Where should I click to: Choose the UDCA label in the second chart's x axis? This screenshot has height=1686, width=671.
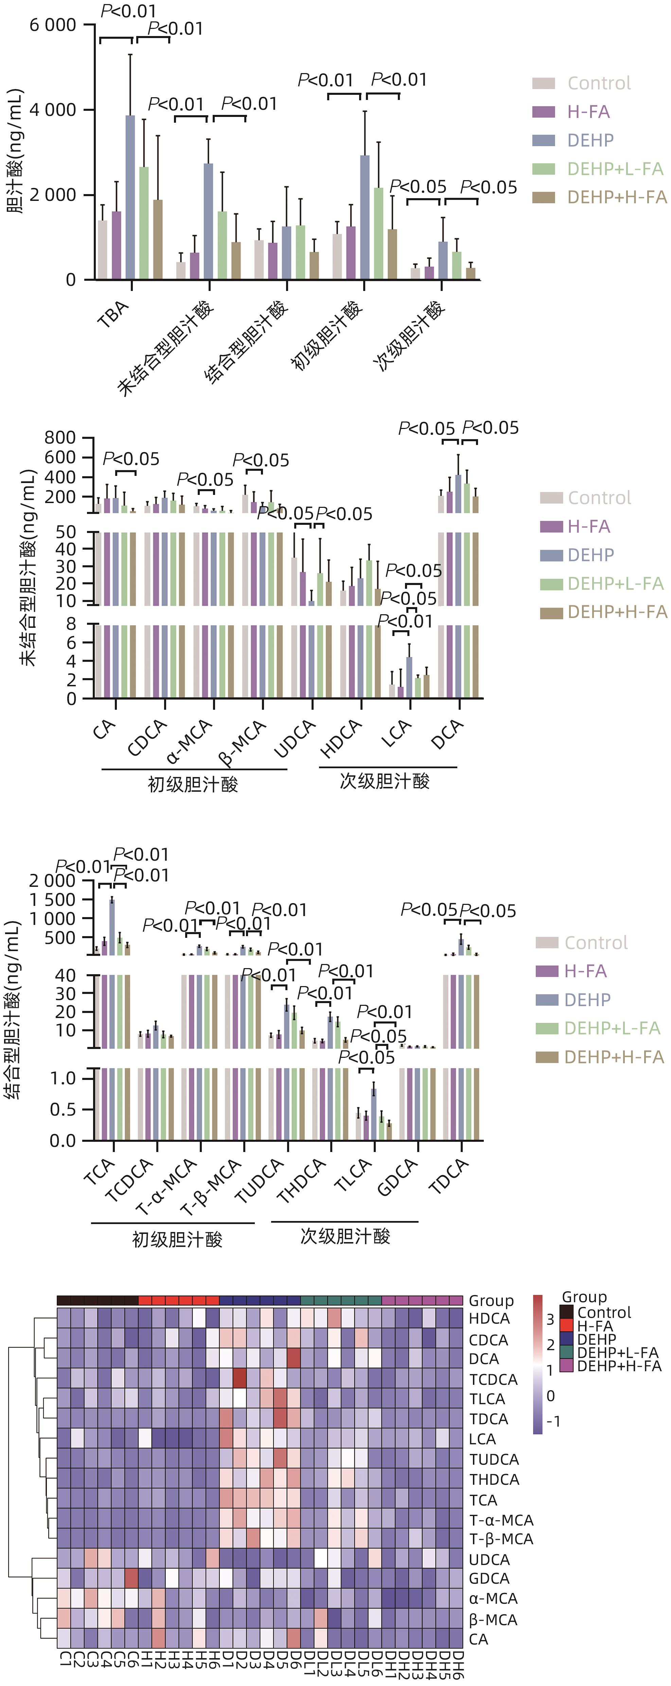pyautogui.click(x=294, y=738)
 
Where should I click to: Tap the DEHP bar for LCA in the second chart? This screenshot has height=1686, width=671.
pyautogui.click(x=409, y=677)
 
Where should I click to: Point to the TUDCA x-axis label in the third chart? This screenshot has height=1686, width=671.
pyautogui.click(x=260, y=1181)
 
